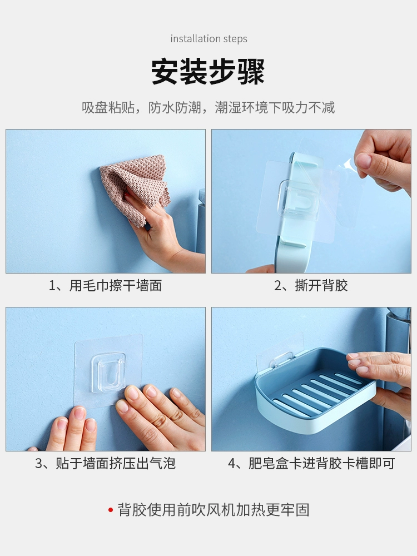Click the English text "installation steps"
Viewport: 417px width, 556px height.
pyautogui.click(x=209, y=39)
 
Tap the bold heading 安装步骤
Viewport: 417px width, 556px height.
pyautogui.click(x=208, y=72)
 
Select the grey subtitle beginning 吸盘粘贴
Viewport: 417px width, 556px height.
pyautogui.click(x=208, y=107)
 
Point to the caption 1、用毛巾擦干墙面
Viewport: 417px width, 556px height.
pyautogui.click(x=105, y=285)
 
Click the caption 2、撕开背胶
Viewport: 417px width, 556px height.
pyautogui.click(x=311, y=285)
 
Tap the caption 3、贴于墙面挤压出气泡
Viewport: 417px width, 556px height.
pyautogui.click(x=105, y=463)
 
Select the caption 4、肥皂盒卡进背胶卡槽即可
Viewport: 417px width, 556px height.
pyautogui.click(x=311, y=463)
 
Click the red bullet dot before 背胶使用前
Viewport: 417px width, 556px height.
pyautogui.click(x=111, y=510)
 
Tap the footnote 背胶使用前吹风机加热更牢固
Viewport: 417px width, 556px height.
pyautogui.click(x=214, y=510)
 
